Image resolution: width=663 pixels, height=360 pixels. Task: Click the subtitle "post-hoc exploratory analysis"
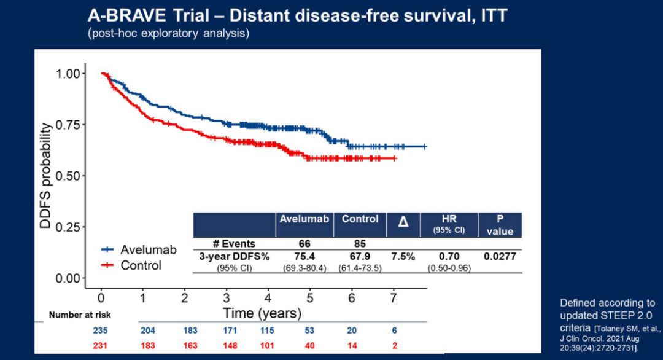coord(169,33)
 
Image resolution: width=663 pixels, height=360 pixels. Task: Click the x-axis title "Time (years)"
coord(262,313)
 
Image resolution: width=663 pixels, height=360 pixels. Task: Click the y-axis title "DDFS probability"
coord(46,176)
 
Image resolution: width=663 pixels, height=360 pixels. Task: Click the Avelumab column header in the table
coord(304,219)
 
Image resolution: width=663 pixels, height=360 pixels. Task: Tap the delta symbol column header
coord(403,221)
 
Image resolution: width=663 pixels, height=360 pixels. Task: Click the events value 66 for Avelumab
coord(304,244)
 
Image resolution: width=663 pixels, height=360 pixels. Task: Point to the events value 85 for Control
coord(360,244)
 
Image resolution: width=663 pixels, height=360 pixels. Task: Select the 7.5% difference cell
coord(403,256)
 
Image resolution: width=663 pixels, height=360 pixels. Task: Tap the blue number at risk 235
coord(101,330)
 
